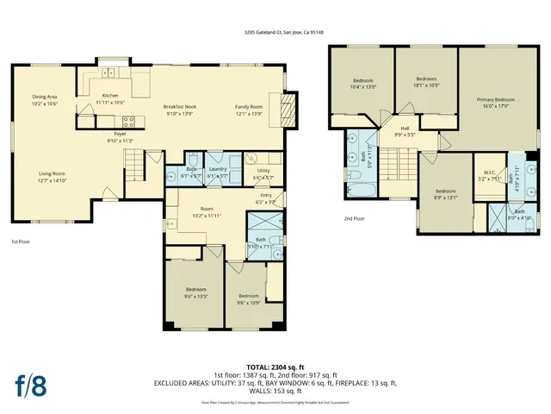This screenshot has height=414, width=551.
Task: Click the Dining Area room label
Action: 44,97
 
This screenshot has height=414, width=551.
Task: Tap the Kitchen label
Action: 110,95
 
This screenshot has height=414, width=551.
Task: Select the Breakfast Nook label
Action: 181,106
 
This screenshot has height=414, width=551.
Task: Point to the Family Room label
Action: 249,106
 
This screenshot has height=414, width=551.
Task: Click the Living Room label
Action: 52,173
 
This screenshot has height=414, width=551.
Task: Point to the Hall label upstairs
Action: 405,129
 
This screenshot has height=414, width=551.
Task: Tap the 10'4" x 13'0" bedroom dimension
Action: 365,85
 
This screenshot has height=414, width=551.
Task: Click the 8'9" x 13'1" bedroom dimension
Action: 445,196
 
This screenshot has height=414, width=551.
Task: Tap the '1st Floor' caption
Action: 21,242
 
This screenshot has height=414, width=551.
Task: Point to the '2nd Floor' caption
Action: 354,218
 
